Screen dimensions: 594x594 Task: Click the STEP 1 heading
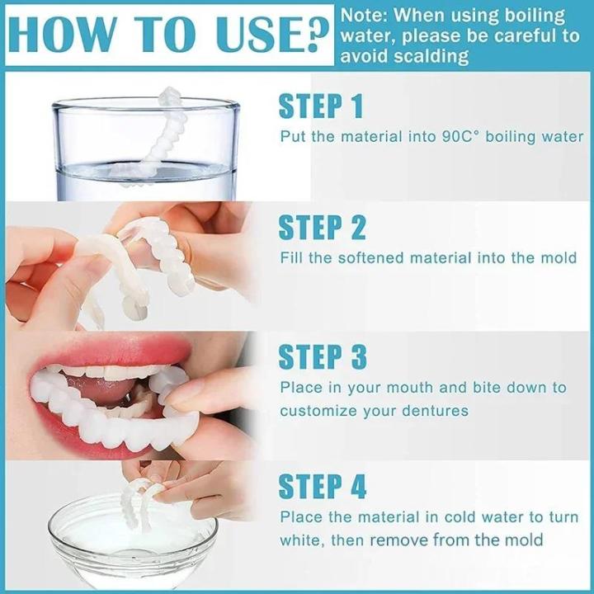(321, 106)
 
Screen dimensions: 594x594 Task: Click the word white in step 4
(300, 540)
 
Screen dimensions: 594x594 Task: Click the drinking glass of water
(145, 148)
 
